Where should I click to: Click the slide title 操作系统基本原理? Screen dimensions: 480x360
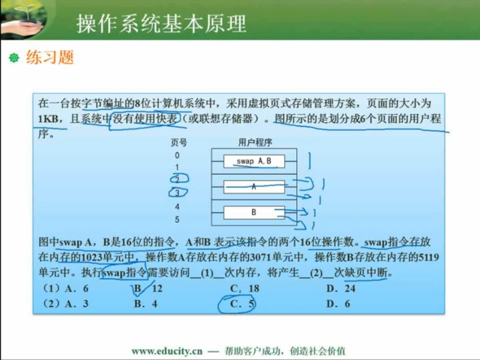pos(161,23)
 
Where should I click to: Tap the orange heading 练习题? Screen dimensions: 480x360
pos(50,57)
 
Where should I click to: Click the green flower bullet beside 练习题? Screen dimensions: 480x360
pos(14,57)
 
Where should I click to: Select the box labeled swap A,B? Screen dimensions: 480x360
pos(254,161)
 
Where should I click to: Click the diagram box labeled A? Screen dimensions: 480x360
pos(254,186)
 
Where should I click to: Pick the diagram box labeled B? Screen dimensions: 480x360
pos(254,212)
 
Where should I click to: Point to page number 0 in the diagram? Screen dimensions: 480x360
pos(177,155)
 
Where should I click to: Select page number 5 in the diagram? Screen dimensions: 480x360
pos(177,219)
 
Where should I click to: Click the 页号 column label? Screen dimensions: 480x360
pos(179,142)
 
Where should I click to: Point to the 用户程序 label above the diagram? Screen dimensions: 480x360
pos(255,142)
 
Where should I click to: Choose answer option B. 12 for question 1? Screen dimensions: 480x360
pos(148,288)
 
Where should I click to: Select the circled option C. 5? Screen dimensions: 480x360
pos(242,303)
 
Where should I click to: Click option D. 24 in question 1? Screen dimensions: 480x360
pos(341,288)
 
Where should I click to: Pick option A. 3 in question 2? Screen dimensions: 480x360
pos(76,303)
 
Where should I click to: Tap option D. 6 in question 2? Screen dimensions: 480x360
pos(338,303)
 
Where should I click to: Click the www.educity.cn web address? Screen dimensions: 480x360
pos(167,351)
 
